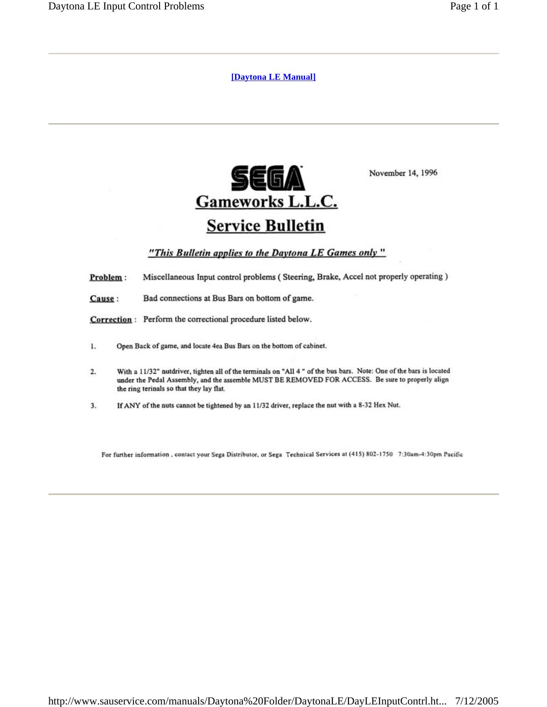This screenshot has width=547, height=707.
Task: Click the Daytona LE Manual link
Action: (273, 77)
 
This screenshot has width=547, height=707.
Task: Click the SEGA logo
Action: (268, 178)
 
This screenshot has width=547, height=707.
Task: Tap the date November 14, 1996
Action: (403, 173)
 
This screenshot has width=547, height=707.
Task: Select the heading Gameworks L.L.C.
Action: (266, 201)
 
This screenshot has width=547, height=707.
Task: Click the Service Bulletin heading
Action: (266, 225)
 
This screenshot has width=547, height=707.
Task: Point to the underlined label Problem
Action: (106, 277)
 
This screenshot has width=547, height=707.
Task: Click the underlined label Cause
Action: (102, 298)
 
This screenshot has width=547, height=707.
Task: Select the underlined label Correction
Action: (111, 320)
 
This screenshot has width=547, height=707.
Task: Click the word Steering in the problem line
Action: (298, 277)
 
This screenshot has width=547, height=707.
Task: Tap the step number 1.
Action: (93, 346)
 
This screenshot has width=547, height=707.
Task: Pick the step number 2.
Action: (93, 371)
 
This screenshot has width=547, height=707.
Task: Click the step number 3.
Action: (93, 405)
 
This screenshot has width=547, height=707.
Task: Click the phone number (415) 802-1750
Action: (371, 454)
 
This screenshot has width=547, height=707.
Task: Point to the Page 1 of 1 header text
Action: (474, 6)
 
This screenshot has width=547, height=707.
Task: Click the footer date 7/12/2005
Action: (477, 701)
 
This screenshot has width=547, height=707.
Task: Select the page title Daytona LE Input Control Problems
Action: (126, 6)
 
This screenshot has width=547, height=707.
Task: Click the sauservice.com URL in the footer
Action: (247, 701)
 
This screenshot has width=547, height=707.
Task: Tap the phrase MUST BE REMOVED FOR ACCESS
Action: (311, 380)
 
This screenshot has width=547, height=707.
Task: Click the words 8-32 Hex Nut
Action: (379, 405)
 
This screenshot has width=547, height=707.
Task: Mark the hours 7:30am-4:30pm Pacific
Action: (430, 454)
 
